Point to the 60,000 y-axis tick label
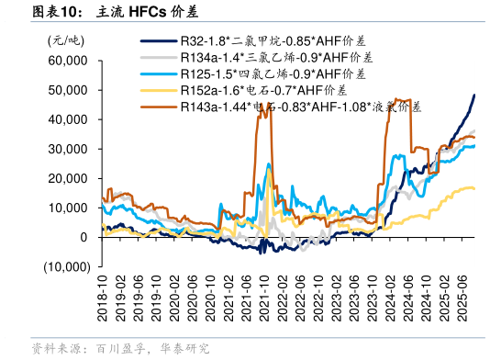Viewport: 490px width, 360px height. pos(67,61)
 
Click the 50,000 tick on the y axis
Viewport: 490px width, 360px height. pos(67,90)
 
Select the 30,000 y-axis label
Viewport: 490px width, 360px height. pos(67,149)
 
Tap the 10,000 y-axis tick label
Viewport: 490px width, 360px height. pos(67,208)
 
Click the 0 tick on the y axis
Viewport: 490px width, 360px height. pos(84,237)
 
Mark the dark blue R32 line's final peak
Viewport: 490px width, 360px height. pos(474,96)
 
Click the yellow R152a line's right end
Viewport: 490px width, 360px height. pos(474,188)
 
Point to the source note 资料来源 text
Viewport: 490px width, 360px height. pos(55,349)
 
